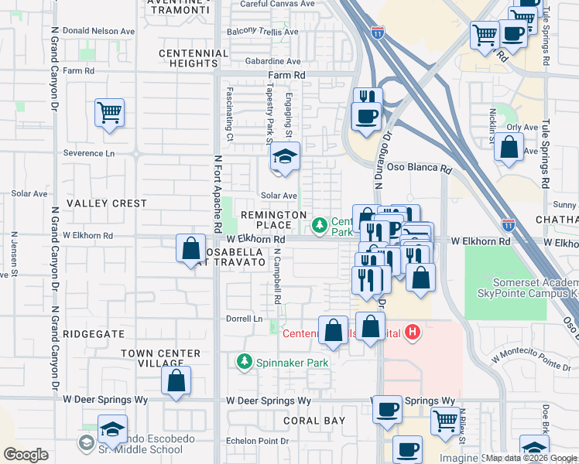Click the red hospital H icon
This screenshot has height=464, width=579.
413,333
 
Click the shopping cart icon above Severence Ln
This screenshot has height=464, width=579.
109,112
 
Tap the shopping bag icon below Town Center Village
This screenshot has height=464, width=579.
176,380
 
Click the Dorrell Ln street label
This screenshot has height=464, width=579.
245,319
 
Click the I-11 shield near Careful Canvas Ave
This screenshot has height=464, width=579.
377,32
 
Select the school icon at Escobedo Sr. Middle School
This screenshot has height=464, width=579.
113,428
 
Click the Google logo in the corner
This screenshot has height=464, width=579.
26,455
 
